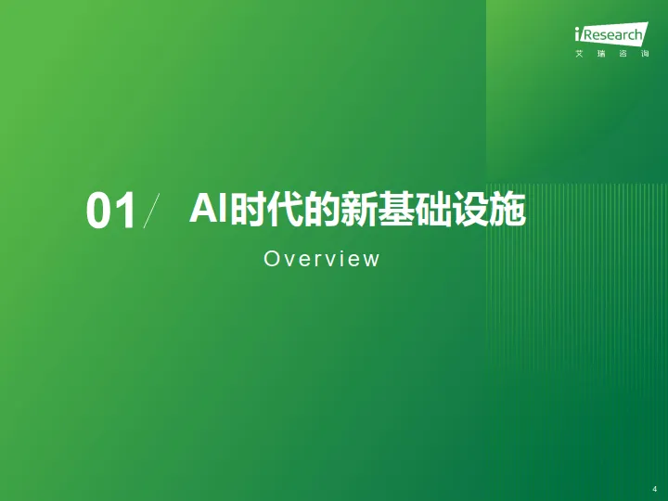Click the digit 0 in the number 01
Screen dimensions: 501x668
99,212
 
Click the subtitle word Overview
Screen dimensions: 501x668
322,259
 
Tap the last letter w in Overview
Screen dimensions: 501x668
373,260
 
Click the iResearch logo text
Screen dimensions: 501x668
609,34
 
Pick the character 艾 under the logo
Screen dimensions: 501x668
579,53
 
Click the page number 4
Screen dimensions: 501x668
655,488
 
